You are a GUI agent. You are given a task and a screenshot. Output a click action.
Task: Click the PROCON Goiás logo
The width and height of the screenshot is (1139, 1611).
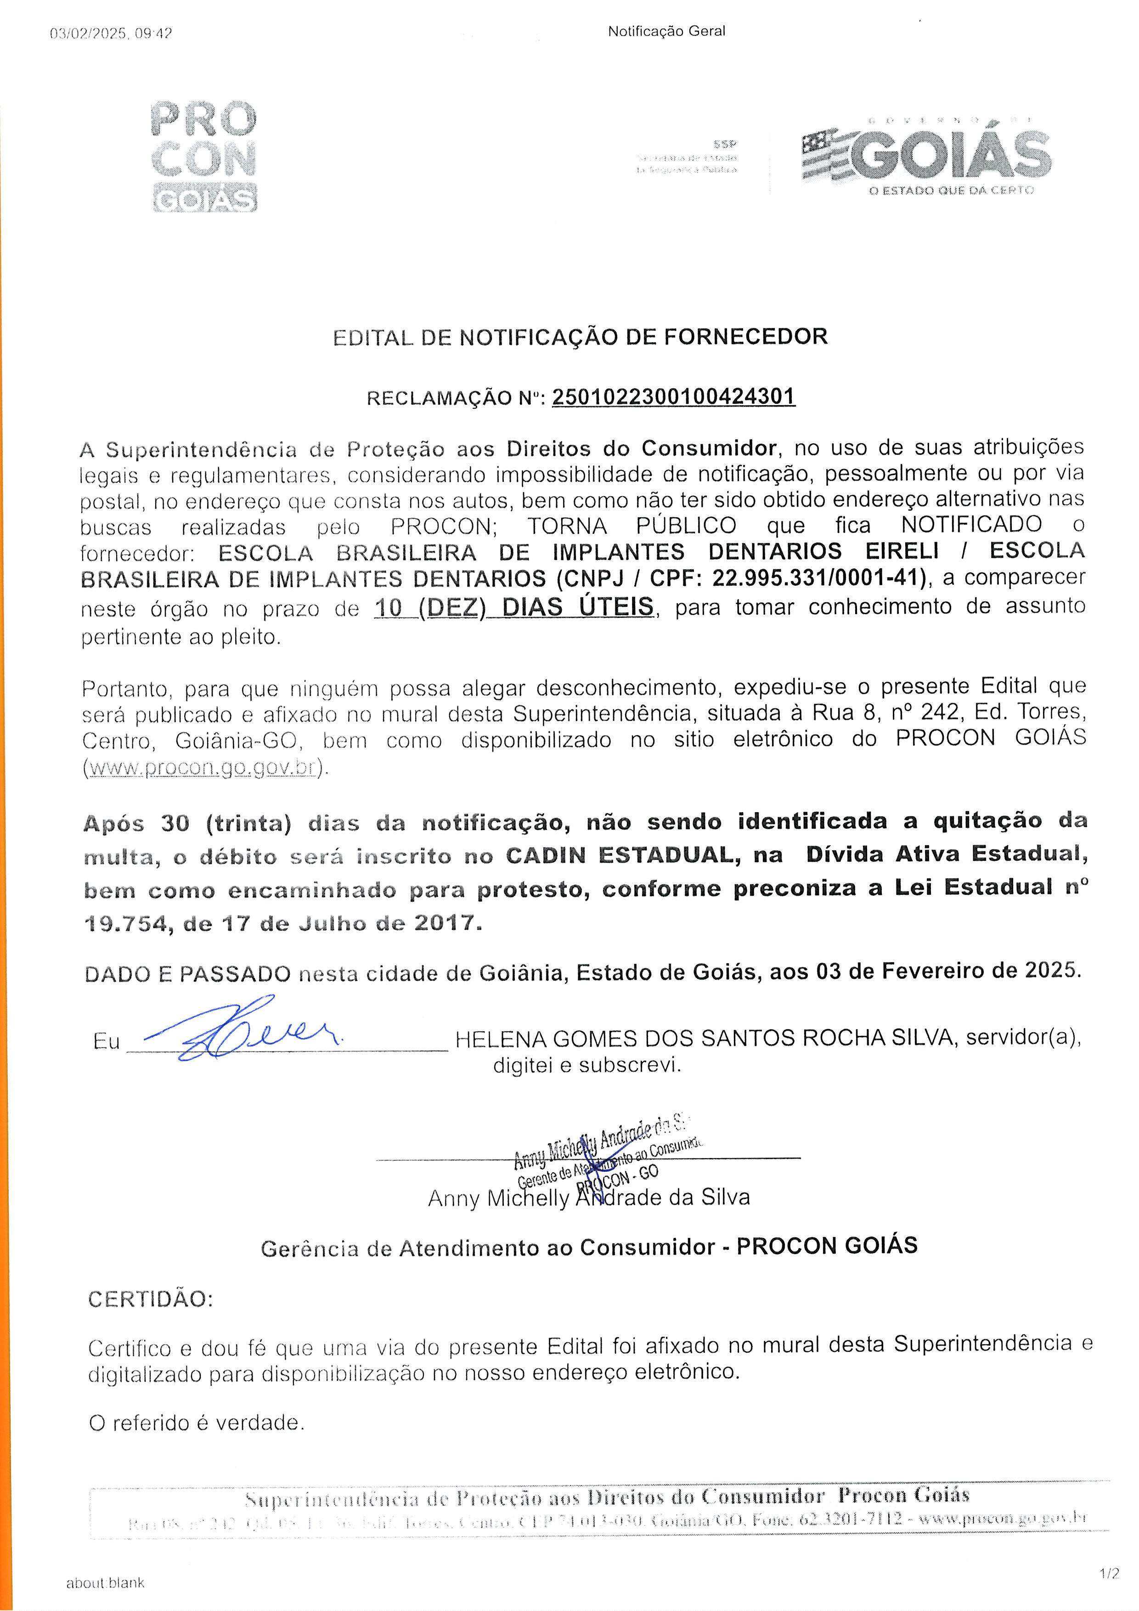pyautogui.click(x=204, y=156)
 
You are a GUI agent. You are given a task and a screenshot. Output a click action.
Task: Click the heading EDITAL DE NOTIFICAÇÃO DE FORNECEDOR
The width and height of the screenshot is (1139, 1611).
pyautogui.click(x=580, y=337)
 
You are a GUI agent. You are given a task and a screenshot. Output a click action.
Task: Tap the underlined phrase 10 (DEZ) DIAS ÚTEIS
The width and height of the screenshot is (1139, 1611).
pyautogui.click(x=514, y=607)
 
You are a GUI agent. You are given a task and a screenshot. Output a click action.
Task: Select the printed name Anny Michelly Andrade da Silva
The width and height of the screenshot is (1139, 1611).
pyautogui.click(x=589, y=1198)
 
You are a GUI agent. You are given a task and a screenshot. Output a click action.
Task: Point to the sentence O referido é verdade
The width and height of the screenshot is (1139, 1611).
pyautogui.click(x=197, y=1423)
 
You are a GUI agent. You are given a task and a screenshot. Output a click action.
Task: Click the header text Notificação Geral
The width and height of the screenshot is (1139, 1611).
pyautogui.click(x=666, y=31)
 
